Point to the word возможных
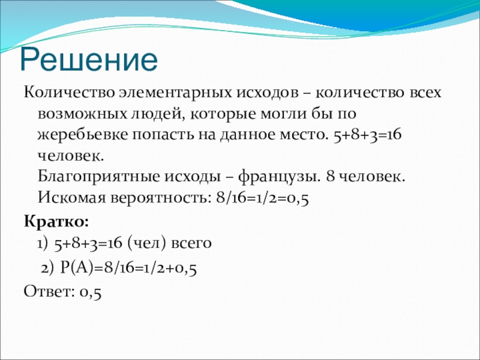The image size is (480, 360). click(82, 114)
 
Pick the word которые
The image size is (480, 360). click(223, 115)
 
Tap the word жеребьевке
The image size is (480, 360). click(83, 134)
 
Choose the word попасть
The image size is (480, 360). click(163, 136)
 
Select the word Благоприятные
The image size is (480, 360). click(99, 177)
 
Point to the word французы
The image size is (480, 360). click(280, 178)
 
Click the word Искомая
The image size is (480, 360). click(72, 198)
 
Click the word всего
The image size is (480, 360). click(191, 244)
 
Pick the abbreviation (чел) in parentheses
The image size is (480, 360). click(148, 244)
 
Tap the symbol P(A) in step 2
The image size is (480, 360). click(76, 268)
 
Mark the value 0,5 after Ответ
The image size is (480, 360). click(91, 292)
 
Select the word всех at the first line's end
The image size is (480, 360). click(425, 92)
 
